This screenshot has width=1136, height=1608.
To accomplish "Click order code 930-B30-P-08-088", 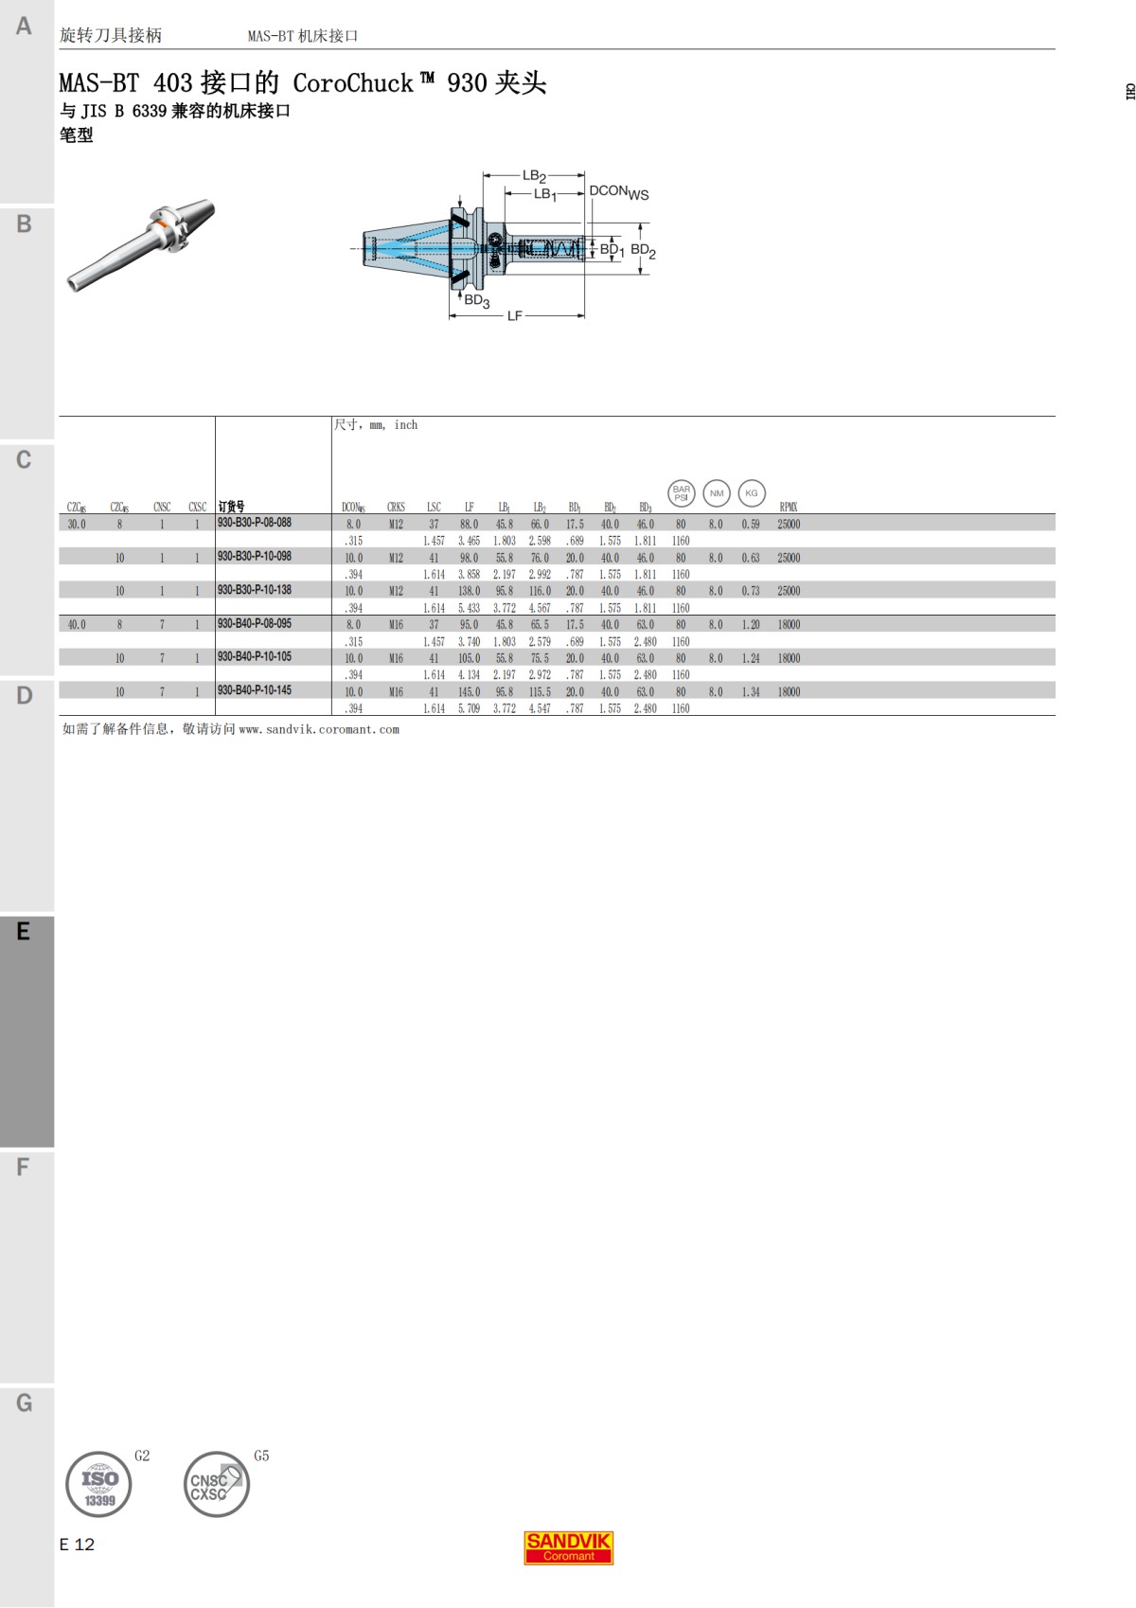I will point(255,523).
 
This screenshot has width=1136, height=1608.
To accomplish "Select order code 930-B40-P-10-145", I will point(255,690).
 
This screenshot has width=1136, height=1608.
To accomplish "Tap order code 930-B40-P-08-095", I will point(255,624).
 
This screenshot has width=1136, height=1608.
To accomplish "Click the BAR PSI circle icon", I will point(681,492).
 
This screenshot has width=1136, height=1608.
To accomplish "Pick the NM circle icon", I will point(717,492).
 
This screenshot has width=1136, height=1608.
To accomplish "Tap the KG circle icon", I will point(752,492).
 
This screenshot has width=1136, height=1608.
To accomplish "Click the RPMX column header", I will point(789,508).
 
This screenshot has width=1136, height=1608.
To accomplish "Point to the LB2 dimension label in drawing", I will point(534,176).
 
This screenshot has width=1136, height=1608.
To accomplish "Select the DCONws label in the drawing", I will point(619,192).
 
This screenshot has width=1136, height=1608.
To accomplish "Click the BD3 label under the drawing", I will point(476,301).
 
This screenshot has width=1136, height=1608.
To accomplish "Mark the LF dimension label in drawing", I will point(514,315).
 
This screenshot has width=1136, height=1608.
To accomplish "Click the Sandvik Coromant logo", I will point(569,1547).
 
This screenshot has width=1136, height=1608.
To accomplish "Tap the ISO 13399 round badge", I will point(98,1484).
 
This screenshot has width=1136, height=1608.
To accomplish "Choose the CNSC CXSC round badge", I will point(216,1484).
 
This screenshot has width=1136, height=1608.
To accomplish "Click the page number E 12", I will point(77,1545).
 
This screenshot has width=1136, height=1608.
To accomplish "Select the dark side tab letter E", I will point(24,932).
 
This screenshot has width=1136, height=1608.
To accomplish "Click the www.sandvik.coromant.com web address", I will point(319,729).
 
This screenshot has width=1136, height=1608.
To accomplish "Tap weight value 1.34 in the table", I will point(751,692).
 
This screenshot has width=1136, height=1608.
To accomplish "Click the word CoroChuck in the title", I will point(352,83).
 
